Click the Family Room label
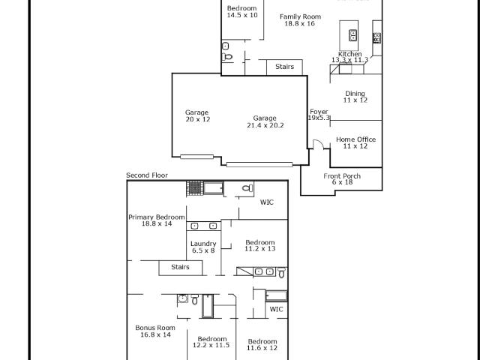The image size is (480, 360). pyautogui.click(x=300, y=16)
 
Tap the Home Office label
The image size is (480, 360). pyautogui.click(x=355, y=139)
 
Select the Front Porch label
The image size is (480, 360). pyautogui.click(x=342, y=176)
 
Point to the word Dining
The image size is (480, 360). pyautogui.click(x=355, y=94)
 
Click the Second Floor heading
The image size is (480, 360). pyautogui.click(x=147, y=175)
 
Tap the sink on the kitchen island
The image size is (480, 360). pyautogui.click(x=352, y=35)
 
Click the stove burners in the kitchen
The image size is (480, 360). pyautogui.click(x=376, y=37)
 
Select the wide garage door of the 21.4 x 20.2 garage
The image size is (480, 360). pyautogui.click(x=259, y=165)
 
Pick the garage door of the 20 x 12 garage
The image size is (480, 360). pyautogui.click(x=196, y=157)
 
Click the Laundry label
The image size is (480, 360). pyautogui.click(x=203, y=244)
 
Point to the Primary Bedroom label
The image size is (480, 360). pyautogui.click(x=157, y=217)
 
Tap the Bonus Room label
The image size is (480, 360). pyautogui.click(x=155, y=328)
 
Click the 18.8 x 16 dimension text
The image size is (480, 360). pyautogui.click(x=300, y=23)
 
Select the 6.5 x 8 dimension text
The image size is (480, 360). pyautogui.click(x=203, y=250)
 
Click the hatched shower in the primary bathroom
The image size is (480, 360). pyautogui.click(x=195, y=187)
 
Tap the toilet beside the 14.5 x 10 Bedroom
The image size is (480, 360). pyautogui.click(x=227, y=57)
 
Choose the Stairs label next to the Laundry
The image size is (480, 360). pyautogui.click(x=180, y=267)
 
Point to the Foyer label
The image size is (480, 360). pyautogui.click(x=319, y=112)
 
